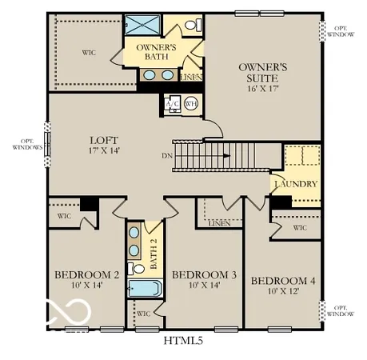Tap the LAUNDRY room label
click(296, 184)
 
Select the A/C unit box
click(172, 105)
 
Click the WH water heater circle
click(190, 104)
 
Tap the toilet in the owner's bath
click(192, 26)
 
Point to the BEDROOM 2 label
click(86, 275)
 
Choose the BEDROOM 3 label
click(204, 275)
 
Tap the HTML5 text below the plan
click(184, 342)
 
